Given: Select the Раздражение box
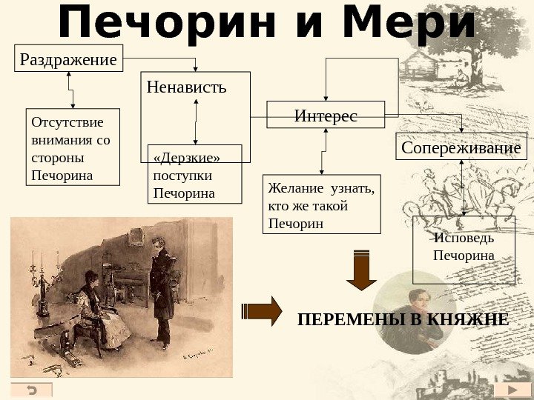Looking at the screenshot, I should (69, 59).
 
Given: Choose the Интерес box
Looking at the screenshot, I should (326, 116).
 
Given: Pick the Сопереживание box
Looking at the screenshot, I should (461, 147).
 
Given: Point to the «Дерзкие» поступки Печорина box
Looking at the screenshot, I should (195, 175).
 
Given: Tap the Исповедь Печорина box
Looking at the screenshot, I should (463, 249).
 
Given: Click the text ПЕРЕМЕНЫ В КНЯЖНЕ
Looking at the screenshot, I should (403, 320).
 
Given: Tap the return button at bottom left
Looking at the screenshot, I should (32, 390).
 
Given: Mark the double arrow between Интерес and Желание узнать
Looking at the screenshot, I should (323, 152).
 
